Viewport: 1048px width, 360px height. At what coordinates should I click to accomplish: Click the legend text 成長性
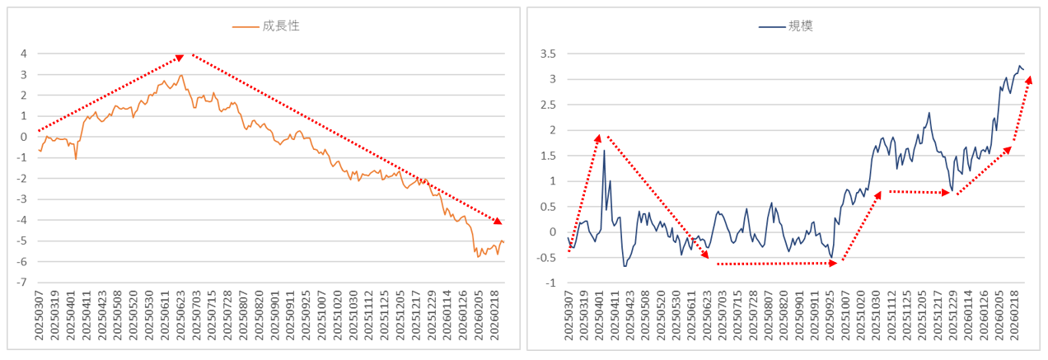coord(281,26)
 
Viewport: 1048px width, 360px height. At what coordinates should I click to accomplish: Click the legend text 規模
coord(801,26)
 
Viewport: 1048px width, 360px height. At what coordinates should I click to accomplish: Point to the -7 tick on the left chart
coord(23,283)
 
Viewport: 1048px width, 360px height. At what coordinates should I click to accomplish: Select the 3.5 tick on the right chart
coord(547,54)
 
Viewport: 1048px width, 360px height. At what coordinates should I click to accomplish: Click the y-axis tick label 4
coord(25,54)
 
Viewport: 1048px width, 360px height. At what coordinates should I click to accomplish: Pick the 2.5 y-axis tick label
coord(547,105)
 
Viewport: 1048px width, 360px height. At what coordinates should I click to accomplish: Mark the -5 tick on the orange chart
coord(23,241)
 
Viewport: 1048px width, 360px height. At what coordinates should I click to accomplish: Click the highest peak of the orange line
coord(181,76)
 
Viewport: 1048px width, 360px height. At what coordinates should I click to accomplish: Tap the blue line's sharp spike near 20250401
coord(604,150)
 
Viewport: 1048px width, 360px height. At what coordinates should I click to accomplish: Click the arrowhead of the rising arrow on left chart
coord(179,58)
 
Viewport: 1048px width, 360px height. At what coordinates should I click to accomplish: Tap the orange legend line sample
coord(246,26)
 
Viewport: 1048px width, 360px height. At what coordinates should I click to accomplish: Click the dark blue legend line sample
coord(771,26)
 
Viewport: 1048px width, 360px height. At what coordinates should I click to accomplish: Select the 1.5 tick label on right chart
coord(547,156)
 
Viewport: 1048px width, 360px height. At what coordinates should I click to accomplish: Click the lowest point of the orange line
coord(478,257)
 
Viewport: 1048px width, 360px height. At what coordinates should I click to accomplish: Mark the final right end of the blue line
coord(1023,69)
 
